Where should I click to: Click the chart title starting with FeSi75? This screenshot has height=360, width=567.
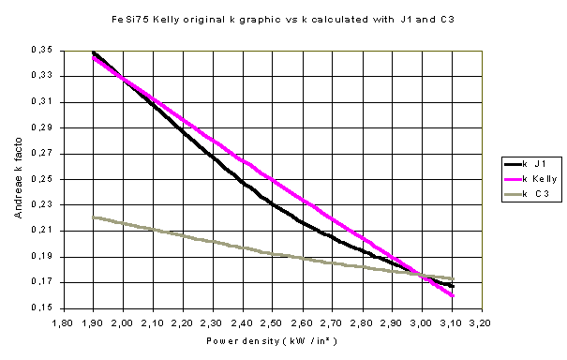pos(271,19)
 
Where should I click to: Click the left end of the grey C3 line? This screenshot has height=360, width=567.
pos(94,217)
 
